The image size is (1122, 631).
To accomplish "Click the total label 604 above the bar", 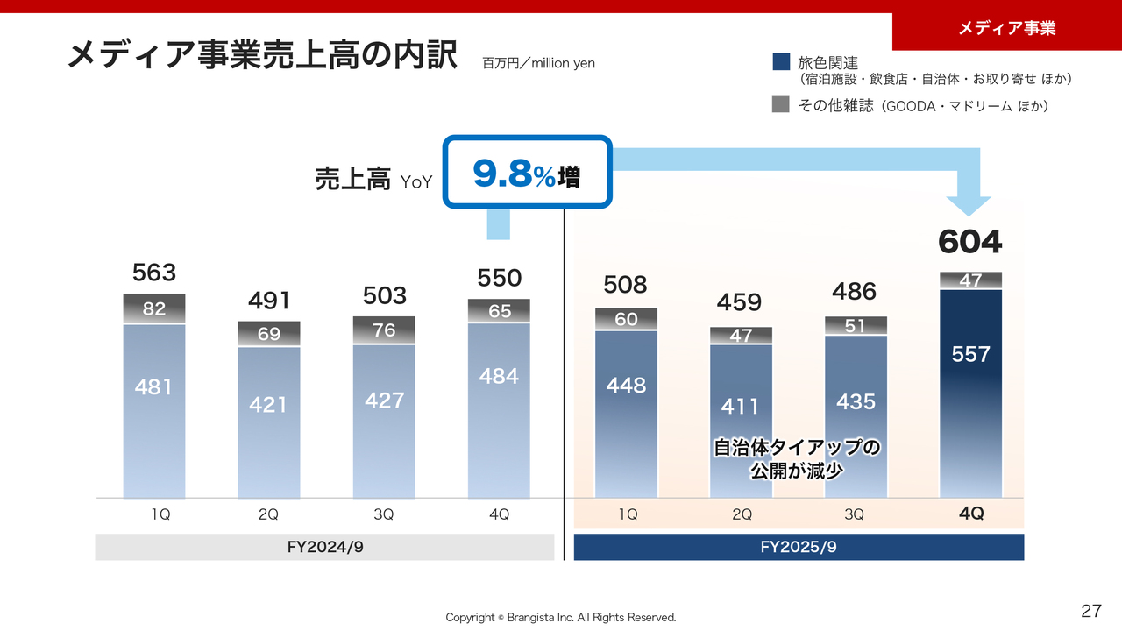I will (x=969, y=242).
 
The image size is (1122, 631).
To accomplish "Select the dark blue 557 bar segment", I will (x=970, y=386).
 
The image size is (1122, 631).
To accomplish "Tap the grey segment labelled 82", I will (x=154, y=308).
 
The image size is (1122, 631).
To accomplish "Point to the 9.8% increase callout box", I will (x=525, y=173).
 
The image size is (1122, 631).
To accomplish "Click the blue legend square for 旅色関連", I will (x=781, y=62).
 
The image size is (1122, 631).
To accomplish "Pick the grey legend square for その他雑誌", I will (x=781, y=104).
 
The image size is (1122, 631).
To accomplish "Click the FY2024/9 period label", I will (x=324, y=547).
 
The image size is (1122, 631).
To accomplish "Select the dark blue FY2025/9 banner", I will (x=799, y=547).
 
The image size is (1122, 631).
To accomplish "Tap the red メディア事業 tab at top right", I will (x=1006, y=28).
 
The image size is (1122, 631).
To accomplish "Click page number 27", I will (x=1090, y=611).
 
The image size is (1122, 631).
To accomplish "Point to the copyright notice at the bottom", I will (x=561, y=617).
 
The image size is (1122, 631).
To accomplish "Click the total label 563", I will (x=154, y=273).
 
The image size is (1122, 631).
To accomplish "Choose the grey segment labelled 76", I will (x=384, y=330).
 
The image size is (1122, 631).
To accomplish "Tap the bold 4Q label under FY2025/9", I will (x=971, y=514).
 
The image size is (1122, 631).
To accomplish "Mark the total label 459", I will (x=739, y=302).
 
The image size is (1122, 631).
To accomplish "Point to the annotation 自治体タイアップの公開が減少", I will (x=796, y=458).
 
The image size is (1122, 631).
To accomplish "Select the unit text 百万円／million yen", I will (x=538, y=63).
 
